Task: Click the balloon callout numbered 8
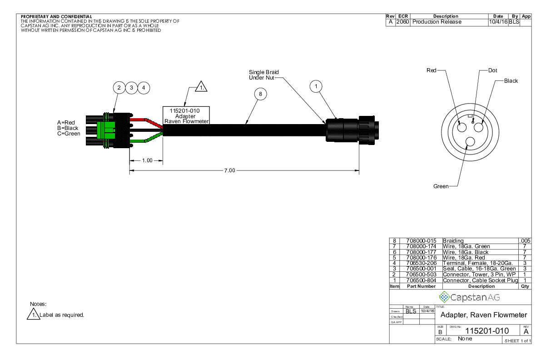(x=260, y=94)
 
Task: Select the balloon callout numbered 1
(x=316, y=87)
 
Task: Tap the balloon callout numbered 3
(x=131, y=87)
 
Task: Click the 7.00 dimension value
(x=230, y=170)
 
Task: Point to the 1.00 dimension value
(x=147, y=160)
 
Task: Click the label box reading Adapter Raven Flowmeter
(x=186, y=115)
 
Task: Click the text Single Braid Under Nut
(x=263, y=75)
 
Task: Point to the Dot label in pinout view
(x=493, y=70)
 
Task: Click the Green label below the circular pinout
(x=441, y=186)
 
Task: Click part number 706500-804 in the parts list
(x=421, y=280)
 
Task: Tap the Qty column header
(x=525, y=286)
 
